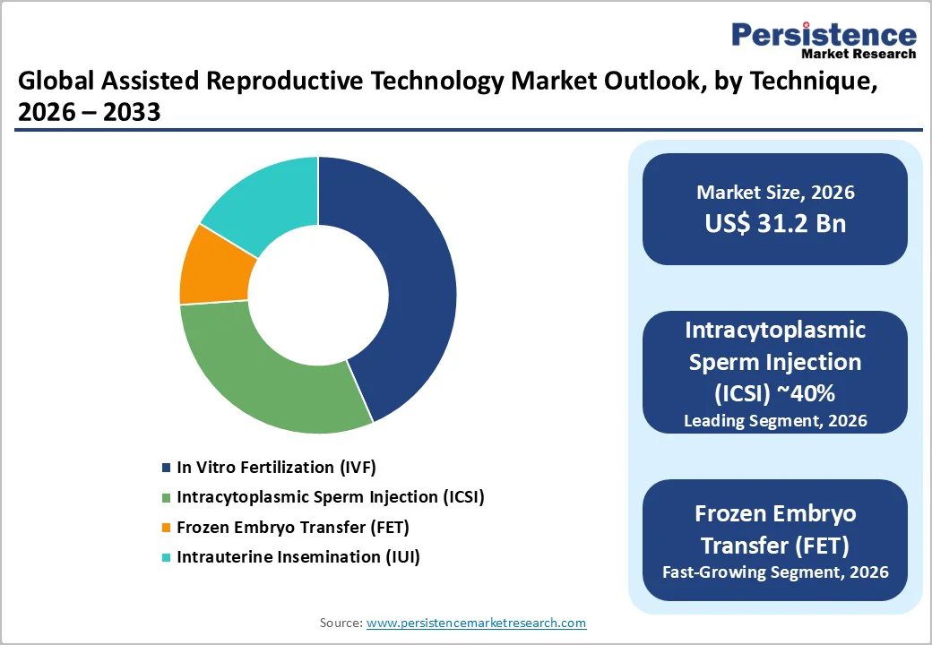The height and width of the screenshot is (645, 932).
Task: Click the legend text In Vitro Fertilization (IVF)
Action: pos(276,467)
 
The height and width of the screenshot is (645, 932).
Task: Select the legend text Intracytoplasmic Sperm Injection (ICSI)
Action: pos(330,496)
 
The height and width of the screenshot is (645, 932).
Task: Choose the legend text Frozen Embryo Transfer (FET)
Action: pos(293,527)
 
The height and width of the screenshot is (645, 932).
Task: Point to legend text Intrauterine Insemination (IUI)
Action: pos(298,556)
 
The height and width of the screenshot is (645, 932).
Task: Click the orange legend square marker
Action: pos(166,528)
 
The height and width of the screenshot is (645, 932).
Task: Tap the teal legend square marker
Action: pos(166,557)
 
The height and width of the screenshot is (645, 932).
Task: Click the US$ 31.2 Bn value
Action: pos(775,223)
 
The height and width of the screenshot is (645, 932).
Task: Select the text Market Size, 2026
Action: pos(775,193)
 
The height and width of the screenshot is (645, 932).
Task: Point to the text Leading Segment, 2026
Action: pos(775,420)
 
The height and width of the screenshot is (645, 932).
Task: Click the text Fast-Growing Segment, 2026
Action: pos(775,571)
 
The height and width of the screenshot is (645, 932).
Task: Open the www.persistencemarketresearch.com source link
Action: pos(476,623)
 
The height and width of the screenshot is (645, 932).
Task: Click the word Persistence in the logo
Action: pos(824,35)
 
